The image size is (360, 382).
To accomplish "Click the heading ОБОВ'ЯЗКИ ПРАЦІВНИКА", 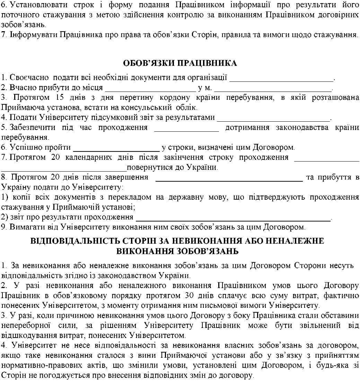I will tap(180, 63).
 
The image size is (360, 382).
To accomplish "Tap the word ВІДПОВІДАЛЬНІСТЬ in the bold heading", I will tap(78, 241).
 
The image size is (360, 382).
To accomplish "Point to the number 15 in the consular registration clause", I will tap(59, 97).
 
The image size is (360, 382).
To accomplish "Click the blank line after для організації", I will tap(281, 78).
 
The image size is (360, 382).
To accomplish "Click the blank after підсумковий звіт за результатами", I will tap(274, 118).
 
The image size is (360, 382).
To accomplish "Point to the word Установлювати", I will tap(33, 6).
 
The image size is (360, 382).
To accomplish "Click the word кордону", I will tap(187, 97).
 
